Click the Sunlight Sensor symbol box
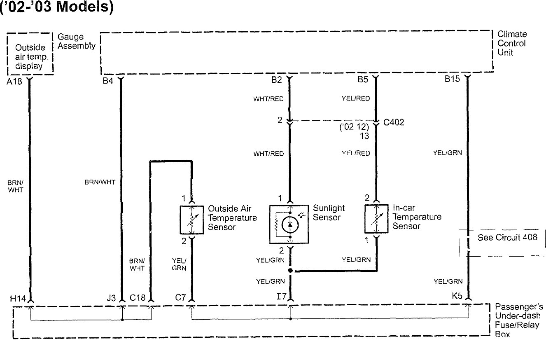[x=289, y=224]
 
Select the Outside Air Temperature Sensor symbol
[x=192, y=220]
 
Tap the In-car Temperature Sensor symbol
[x=377, y=219]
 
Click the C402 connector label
[x=394, y=122]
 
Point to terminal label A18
[x=14, y=82]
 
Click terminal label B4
[x=108, y=81]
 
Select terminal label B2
[x=277, y=80]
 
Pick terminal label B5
[x=363, y=79]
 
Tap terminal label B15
[x=452, y=79]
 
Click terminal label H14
[x=18, y=299]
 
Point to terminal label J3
[x=111, y=298]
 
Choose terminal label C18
[x=138, y=298]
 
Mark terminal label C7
[x=180, y=297]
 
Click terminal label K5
[x=457, y=296]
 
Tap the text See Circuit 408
[x=507, y=237]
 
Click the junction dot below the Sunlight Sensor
[x=290, y=271]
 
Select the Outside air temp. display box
[x=30, y=54]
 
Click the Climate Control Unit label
[x=512, y=43]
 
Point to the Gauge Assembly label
[x=77, y=41]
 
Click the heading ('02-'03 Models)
[x=56, y=7]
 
